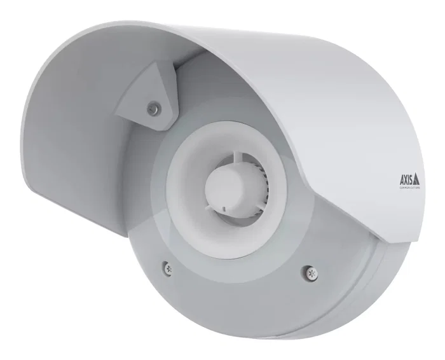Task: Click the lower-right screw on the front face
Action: (311, 271)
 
